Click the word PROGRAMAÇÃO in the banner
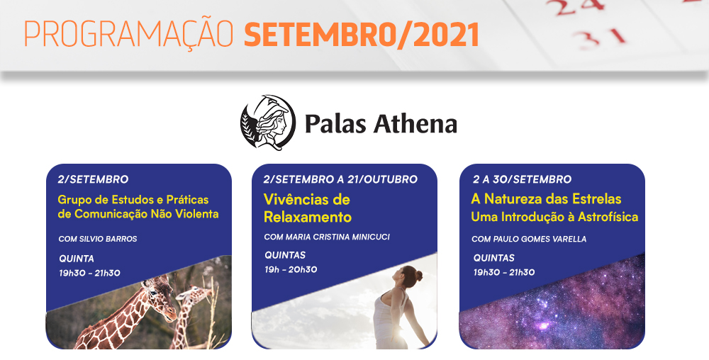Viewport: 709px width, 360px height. pyautogui.click(x=128, y=33)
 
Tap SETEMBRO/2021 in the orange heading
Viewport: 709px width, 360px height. pyautogui.click(x=362, y=34)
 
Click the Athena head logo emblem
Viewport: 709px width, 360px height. pyautogui.click(x=268, y=123)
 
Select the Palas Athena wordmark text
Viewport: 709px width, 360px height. pyautogui.click(x=381, y=123)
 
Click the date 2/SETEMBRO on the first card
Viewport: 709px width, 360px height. pyautogui.click(x=93, y=179)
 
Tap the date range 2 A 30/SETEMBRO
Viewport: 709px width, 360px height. pyautogui.click(x=523, y=179)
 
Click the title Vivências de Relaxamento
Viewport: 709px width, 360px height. pyautogui.click(x=308, y=208)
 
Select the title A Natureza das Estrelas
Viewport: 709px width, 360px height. pyautogui.click(x=546, y=198)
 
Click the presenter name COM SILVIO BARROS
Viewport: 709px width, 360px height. pyautogui.click(x=98, y=239)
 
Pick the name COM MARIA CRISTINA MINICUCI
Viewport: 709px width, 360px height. pyautogui.click(x=327, y=237)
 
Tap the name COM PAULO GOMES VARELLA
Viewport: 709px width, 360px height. pyautogui.click(x=529, y=239)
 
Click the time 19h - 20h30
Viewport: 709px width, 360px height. pyautogui.click(x=291, y=270)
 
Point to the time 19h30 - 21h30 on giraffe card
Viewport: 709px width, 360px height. pyautogui.click(x=89, y=273)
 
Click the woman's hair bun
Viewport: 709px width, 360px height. pyautogui.click(x=419, y=275)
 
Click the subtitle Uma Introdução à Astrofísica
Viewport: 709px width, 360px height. pyautogui.click(x=554, y=217)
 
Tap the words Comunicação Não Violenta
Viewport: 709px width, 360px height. pyautogui.click(x=147, y=214)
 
